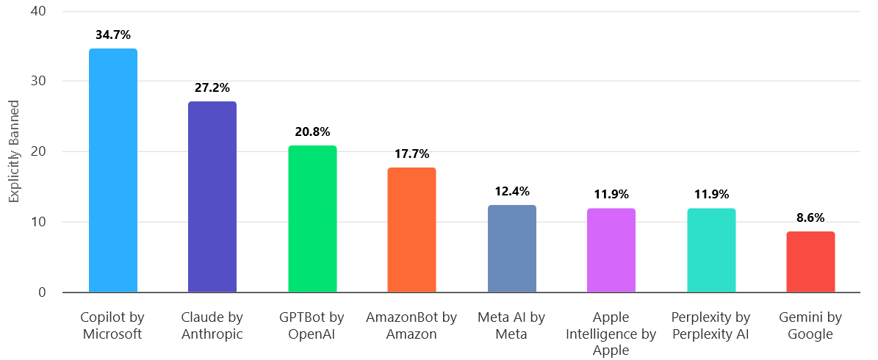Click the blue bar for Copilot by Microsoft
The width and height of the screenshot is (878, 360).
coord(112,170)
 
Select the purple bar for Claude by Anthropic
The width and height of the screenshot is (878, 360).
coord(212,197)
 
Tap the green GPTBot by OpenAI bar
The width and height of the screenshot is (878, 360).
coord(312,219)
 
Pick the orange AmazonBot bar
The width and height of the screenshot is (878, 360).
coord(411,230)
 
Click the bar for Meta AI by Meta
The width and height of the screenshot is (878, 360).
coord(511,249)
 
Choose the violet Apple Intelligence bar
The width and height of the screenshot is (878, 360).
coord(611,251)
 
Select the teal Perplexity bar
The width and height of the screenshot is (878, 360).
coord(711,251)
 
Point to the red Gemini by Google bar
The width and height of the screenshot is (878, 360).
coord(810,262)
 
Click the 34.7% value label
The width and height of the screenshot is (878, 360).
coord(112,35)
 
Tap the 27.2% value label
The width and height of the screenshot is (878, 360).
coord(212,87)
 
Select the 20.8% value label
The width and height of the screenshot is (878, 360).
coord(312,132)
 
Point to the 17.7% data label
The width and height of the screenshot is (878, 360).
coord(411,154)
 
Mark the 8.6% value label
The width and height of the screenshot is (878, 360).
coord(810,217)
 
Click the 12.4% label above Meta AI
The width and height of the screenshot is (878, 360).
coord(511,191)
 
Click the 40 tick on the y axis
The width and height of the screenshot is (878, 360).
coord(38,12)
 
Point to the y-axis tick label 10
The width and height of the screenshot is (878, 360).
coord(38,223)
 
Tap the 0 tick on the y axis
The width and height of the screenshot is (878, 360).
coord(42,292)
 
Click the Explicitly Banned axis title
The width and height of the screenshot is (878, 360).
coord(13,152)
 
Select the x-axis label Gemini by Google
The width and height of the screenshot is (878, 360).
coord(810,325)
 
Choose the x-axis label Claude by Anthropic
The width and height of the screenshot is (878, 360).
coord(212,325)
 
